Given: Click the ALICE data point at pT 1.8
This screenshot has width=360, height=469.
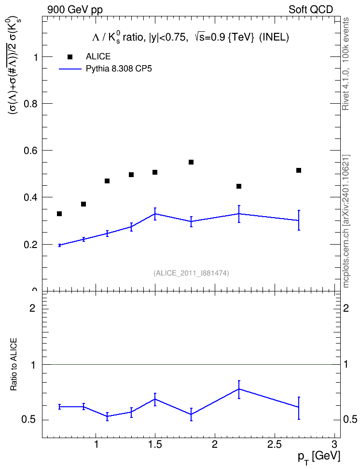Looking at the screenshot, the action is click(x=191, y=162).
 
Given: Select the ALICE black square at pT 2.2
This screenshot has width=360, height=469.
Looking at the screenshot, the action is click(x=239, y=186).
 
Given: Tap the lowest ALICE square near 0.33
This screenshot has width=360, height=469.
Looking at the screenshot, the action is click(x=59, y=214).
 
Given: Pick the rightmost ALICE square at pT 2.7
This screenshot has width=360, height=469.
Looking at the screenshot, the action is click(x=298, y=170).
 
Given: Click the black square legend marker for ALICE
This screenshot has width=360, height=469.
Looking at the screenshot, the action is click(x=70, y=56).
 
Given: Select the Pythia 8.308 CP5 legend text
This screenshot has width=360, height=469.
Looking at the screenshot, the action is click(x=119, y=69).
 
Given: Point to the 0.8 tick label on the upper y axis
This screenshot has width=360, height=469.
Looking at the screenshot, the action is click(x=31, y=103).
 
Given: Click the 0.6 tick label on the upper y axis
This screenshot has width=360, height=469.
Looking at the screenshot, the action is click(x=31, y=151).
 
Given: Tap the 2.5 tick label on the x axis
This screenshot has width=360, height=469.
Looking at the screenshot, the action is click(x=275, y=444).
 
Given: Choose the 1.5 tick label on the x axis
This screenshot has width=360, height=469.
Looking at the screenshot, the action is click(x=155, y=444).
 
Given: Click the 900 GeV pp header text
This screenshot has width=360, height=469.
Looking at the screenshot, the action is click(x=75, y=10).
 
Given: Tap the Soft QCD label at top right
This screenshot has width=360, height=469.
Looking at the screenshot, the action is click(x=311, y=10).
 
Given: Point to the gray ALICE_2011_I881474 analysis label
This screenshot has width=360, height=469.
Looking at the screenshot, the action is click(x=191, y=273).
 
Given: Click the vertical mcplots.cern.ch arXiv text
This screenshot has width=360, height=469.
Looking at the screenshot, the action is click(x=346, y=221).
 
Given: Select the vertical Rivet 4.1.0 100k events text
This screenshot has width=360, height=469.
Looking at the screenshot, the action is click(x=346, y=64).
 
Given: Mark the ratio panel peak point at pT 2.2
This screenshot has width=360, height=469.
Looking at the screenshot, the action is click(x=239, y=389).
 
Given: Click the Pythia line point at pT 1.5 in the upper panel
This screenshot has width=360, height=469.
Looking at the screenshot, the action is click(x=155, y=214).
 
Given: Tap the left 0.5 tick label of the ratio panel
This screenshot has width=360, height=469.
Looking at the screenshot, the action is click(x=29, y=420).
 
